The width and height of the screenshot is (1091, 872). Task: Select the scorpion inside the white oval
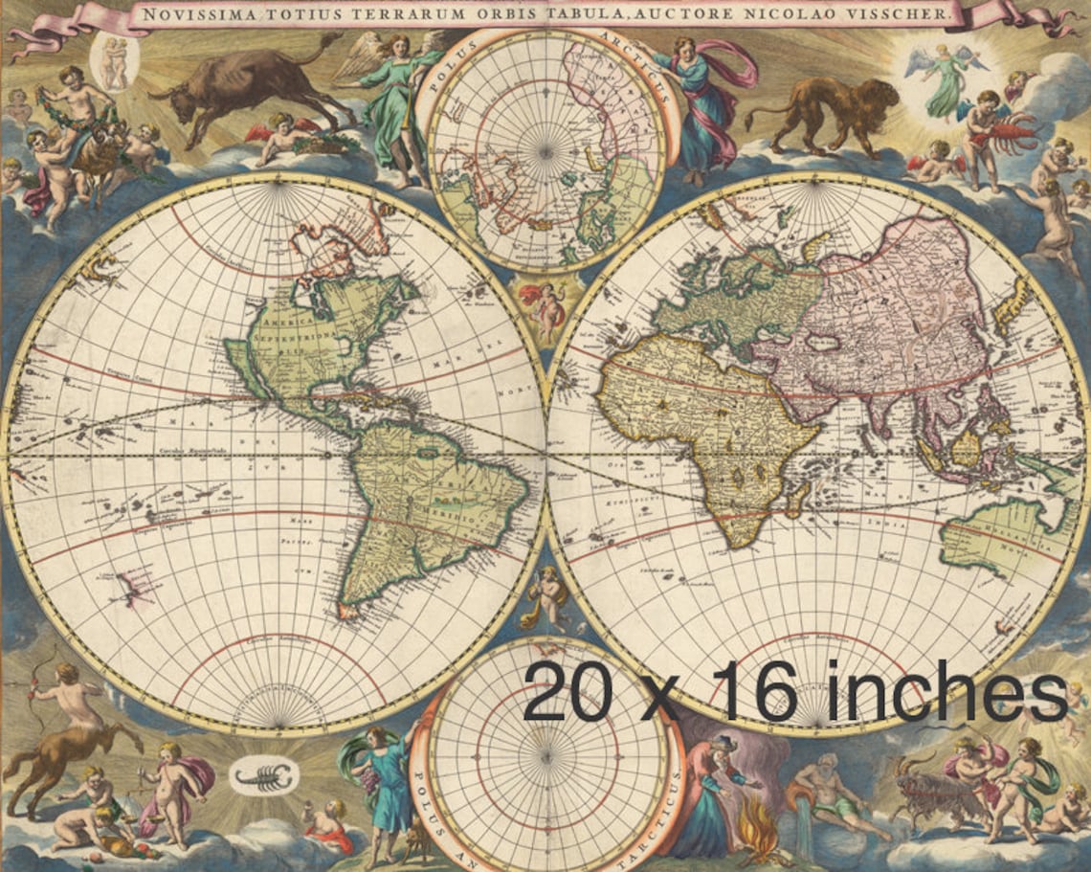[264, 777]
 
